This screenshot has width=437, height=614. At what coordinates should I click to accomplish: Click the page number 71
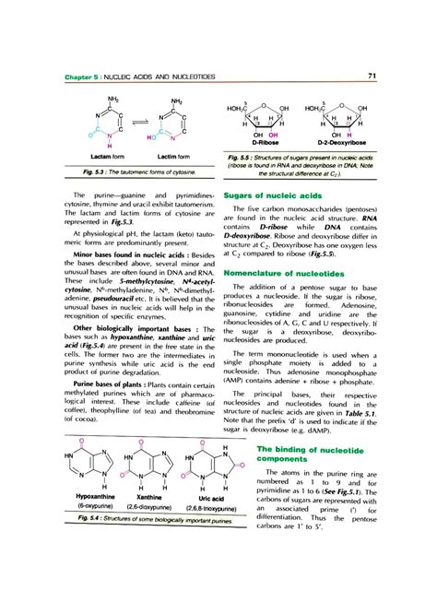[x=370, y=75]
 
